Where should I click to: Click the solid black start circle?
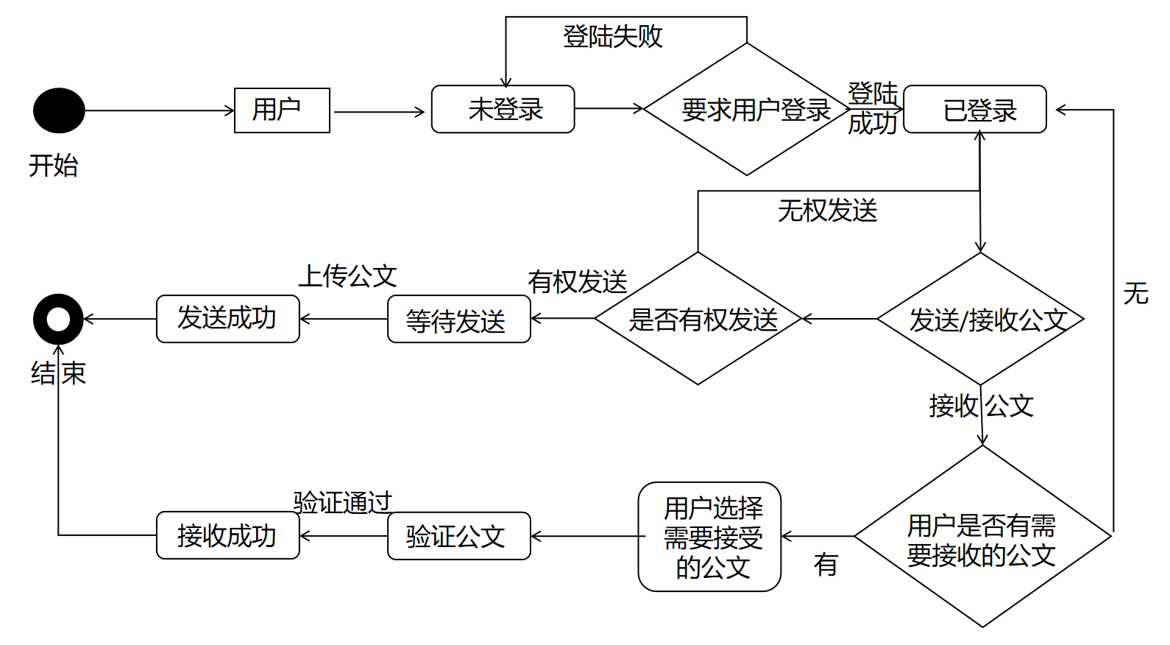point(59,110)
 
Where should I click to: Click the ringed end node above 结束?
point(58,319)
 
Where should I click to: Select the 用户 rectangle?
point(282,110)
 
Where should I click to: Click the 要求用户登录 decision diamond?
point(747,110)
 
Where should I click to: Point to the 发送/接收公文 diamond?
point(980,319)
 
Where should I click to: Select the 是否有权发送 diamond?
point(698,319)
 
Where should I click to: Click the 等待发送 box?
point(458,320)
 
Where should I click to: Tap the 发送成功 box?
point(227,319)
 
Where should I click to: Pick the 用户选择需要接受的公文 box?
point(709,537)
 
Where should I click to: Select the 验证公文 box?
point(458,536)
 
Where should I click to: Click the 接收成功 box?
point(227,535)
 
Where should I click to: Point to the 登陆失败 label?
point(612,36)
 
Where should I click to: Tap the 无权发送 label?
point(827,211)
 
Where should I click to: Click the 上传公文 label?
point(347,276)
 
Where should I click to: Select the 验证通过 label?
point(343,502)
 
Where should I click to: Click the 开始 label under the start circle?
point(53,165)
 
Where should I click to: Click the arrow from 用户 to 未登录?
point(379,112)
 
